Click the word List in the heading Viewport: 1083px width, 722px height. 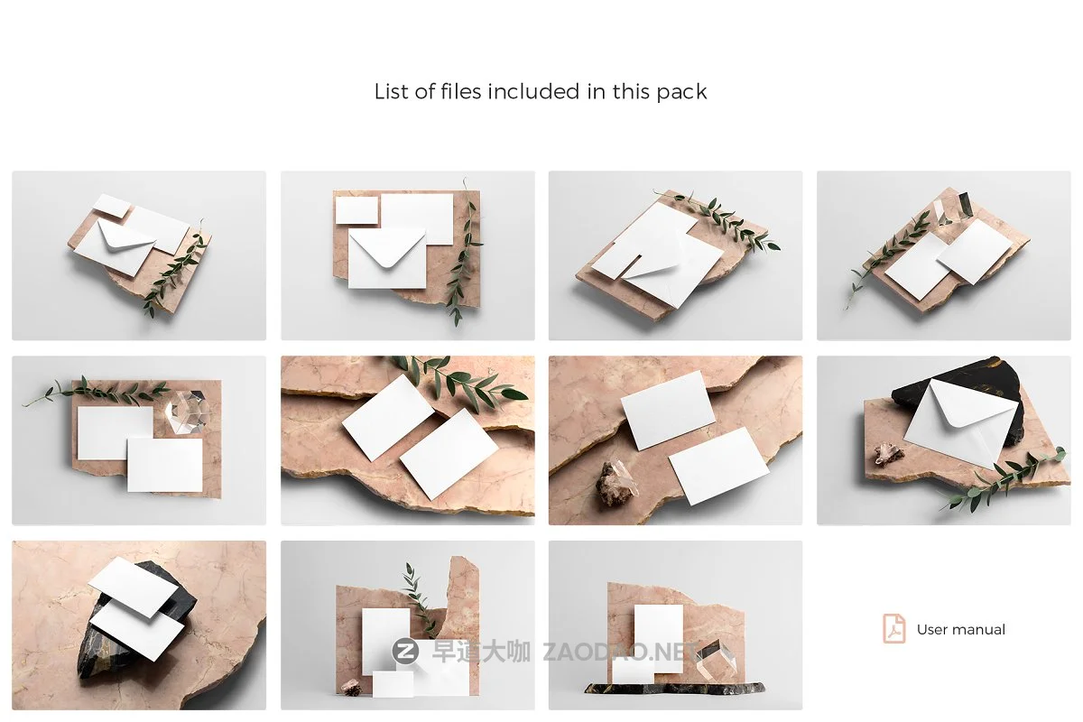coord(392,91)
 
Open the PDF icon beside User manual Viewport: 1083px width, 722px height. coord(893,629)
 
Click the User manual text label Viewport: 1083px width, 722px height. coord(960,630)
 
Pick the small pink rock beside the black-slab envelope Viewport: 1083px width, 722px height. coord(889,454)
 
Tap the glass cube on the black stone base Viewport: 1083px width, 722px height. coord(718,664)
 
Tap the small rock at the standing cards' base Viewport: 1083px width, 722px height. coord(353,688)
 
